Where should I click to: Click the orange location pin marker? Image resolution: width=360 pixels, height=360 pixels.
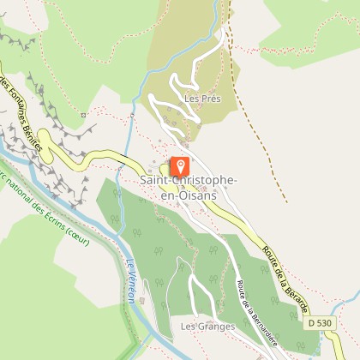[x=180, y=165]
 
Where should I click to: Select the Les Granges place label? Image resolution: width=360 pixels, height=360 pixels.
[x=202, y=327]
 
